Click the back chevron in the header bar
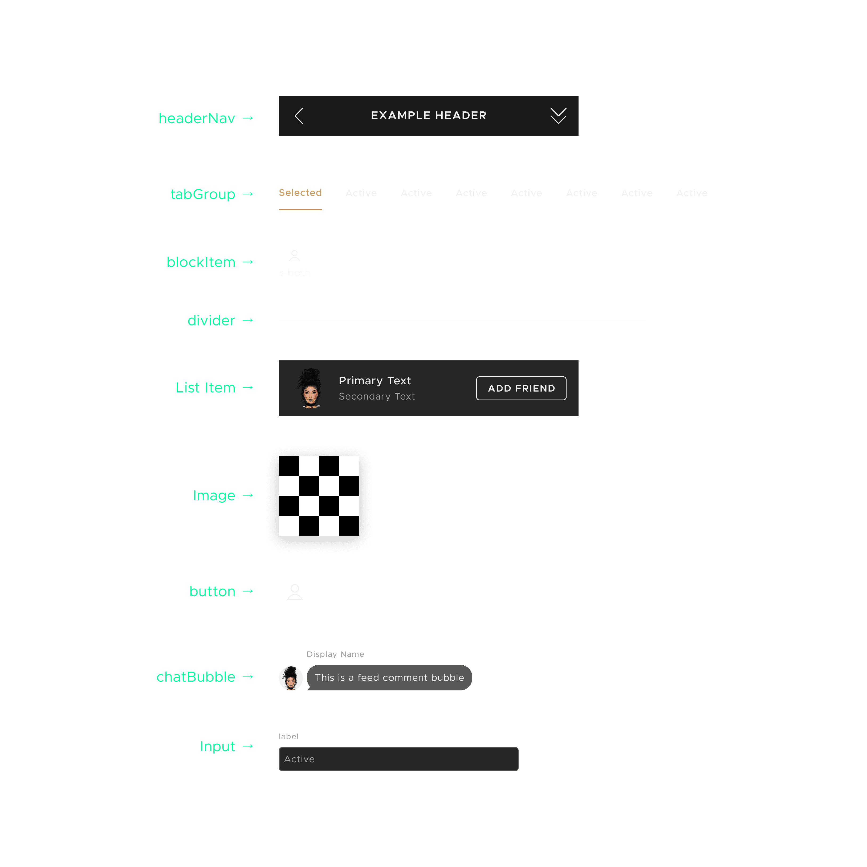(299, 116)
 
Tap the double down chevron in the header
(558, 116)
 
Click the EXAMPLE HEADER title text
(429, 115)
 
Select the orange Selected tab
(300, 193)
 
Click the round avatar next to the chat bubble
(291, 678)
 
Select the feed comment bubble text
(389, 678)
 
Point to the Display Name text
(335, 654)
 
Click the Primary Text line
(375, 381)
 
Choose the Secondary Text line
(377, 396)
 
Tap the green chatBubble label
(196, 677)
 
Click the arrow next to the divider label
(248, 320)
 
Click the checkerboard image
(319, 496)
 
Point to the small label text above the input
(288, 736)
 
